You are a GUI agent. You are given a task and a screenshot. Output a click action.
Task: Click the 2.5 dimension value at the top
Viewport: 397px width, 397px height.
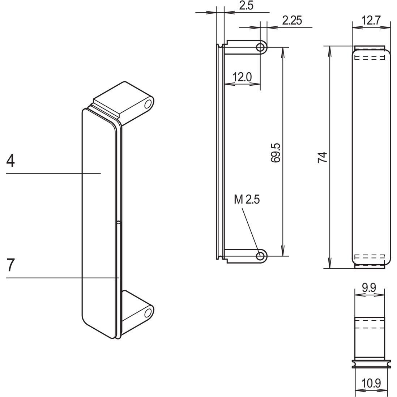[x=246, y=6]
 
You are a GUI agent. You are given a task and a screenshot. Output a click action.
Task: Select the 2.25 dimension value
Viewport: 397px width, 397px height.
[x=291, y=20]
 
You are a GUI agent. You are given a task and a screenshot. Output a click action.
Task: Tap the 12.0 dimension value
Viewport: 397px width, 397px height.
[x=242, y=77]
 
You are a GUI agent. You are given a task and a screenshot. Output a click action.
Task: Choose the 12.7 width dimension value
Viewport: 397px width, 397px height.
[x=371, y=20]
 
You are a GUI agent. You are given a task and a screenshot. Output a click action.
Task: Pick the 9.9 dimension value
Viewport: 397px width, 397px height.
[x=369, y=287]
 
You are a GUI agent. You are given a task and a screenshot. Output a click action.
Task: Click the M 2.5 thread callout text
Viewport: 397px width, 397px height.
[x=247, y=199]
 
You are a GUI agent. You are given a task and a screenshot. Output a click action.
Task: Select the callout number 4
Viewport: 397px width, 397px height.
[x=11, y=161]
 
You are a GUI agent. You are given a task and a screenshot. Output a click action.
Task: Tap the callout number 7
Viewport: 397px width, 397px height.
[x=11, y=265]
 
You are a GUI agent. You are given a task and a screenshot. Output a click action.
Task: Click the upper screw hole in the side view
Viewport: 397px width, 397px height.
[x=260, y=47]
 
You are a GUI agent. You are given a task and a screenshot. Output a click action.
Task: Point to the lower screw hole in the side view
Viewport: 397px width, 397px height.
[x=260, y=256]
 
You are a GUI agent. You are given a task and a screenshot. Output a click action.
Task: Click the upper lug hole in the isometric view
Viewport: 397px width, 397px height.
[x=148, y=105]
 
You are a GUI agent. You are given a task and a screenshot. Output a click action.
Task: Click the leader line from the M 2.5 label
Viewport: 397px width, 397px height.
[x=250, y=228]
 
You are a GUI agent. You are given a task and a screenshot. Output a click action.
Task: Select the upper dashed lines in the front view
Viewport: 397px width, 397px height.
[x=370, y=58]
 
